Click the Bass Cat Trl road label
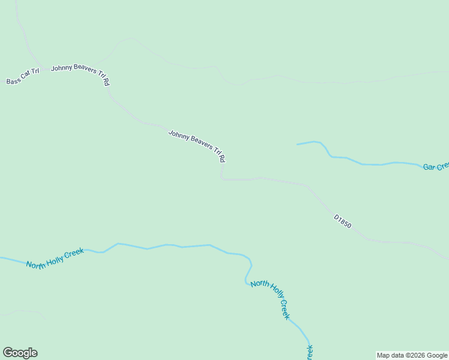pos(23,77)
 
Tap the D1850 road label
pos(342,221)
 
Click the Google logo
pos(20,353)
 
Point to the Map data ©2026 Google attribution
pos(412,355)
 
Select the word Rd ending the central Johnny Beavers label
pos(222,158)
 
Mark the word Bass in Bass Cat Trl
pos(13,80)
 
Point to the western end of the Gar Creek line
pos(298,144)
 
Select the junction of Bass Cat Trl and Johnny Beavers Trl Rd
pos(42,69)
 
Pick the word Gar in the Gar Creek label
pos(429,167)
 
